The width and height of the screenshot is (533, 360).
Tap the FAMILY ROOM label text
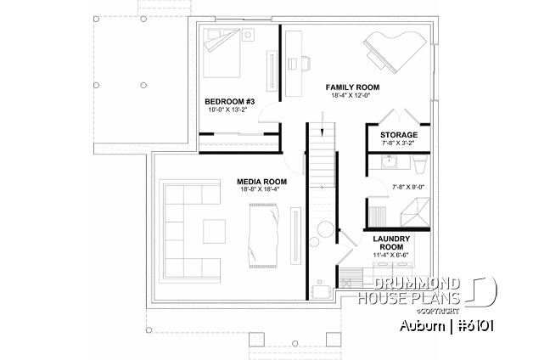(352, 87)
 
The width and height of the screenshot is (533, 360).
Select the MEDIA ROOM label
(261, 182)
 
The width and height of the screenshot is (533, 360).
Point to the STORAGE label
(398, 135)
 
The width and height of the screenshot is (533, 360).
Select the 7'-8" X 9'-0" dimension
(409, 186)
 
